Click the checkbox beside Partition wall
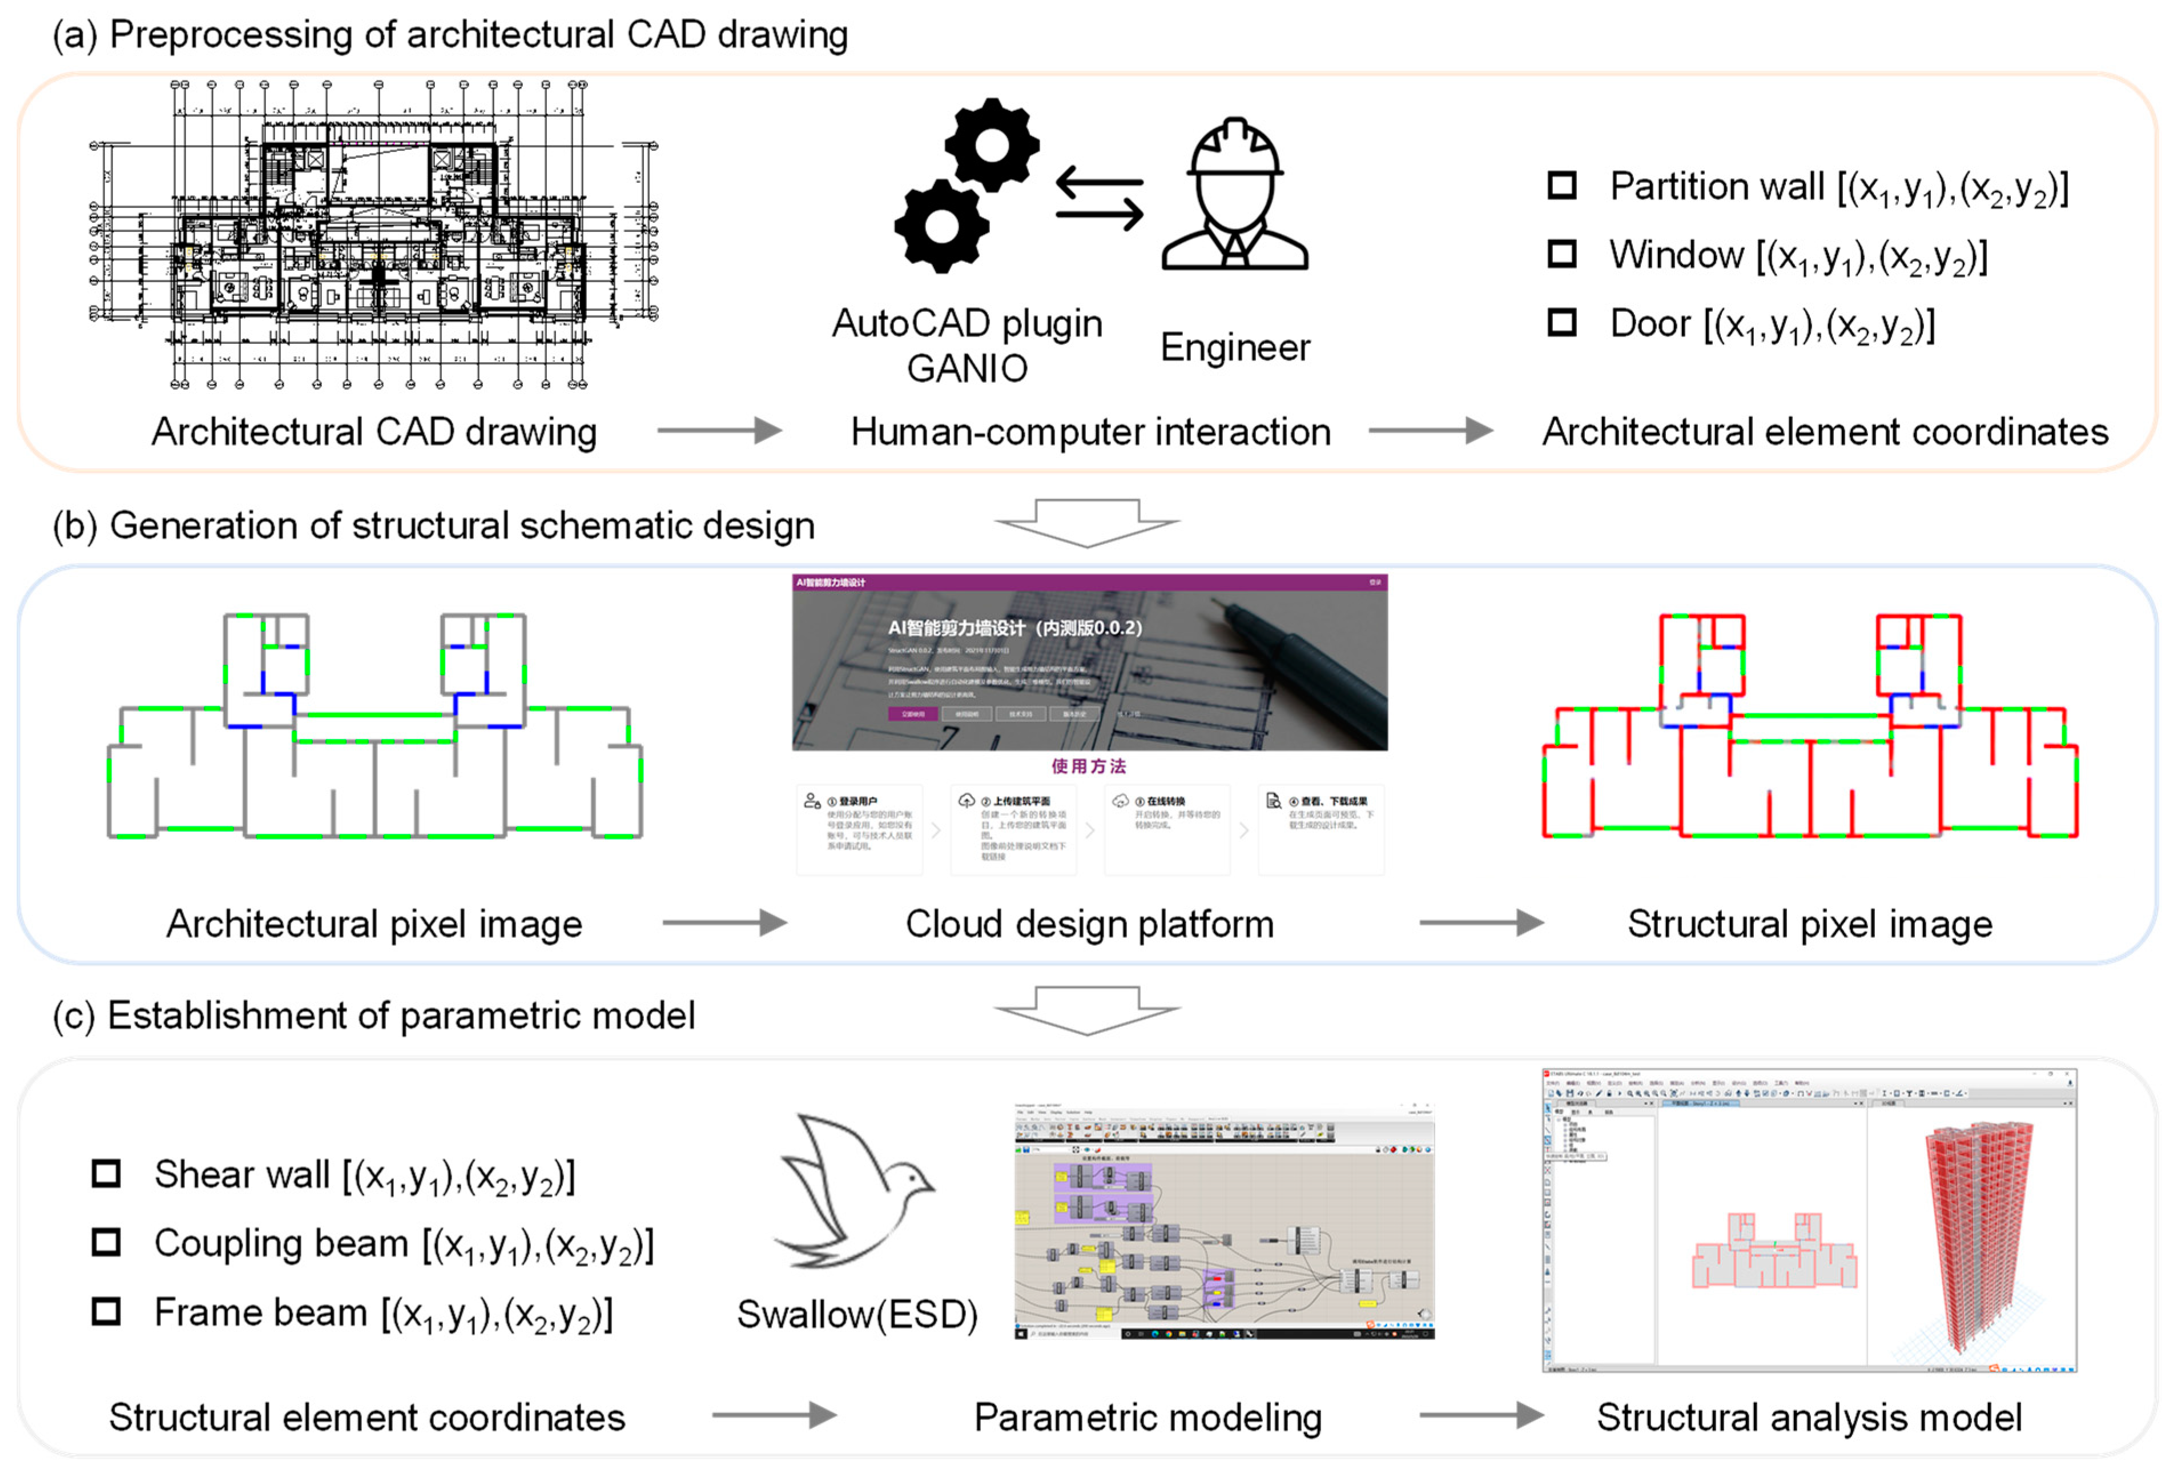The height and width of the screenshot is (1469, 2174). pyautogui.click(x=1561, y=185)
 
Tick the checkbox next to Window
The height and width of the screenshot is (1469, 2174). pyautogui.click(x=1561, y=254)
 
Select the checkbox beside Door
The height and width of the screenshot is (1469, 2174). pyautogui.click(x=1561, y=322)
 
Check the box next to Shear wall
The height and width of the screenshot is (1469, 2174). pyautogui.click(x=106, y=1173)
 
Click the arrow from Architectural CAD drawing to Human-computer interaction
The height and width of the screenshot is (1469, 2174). pyautogui.click(x=718, y=431)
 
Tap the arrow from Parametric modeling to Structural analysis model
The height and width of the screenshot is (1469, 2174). pyautogui.click(x=1481, y=1415)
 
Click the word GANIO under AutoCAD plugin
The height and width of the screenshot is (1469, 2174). pyautogui.click(x=967, y=368)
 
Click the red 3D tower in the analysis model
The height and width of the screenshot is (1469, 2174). pyautogui.click(x=1976, y=1235)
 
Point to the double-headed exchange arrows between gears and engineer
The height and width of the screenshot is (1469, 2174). pyautogui.click(x=1099, y=198)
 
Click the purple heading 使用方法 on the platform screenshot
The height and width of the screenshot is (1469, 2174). pyautogui.click(x=1088, y=766)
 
